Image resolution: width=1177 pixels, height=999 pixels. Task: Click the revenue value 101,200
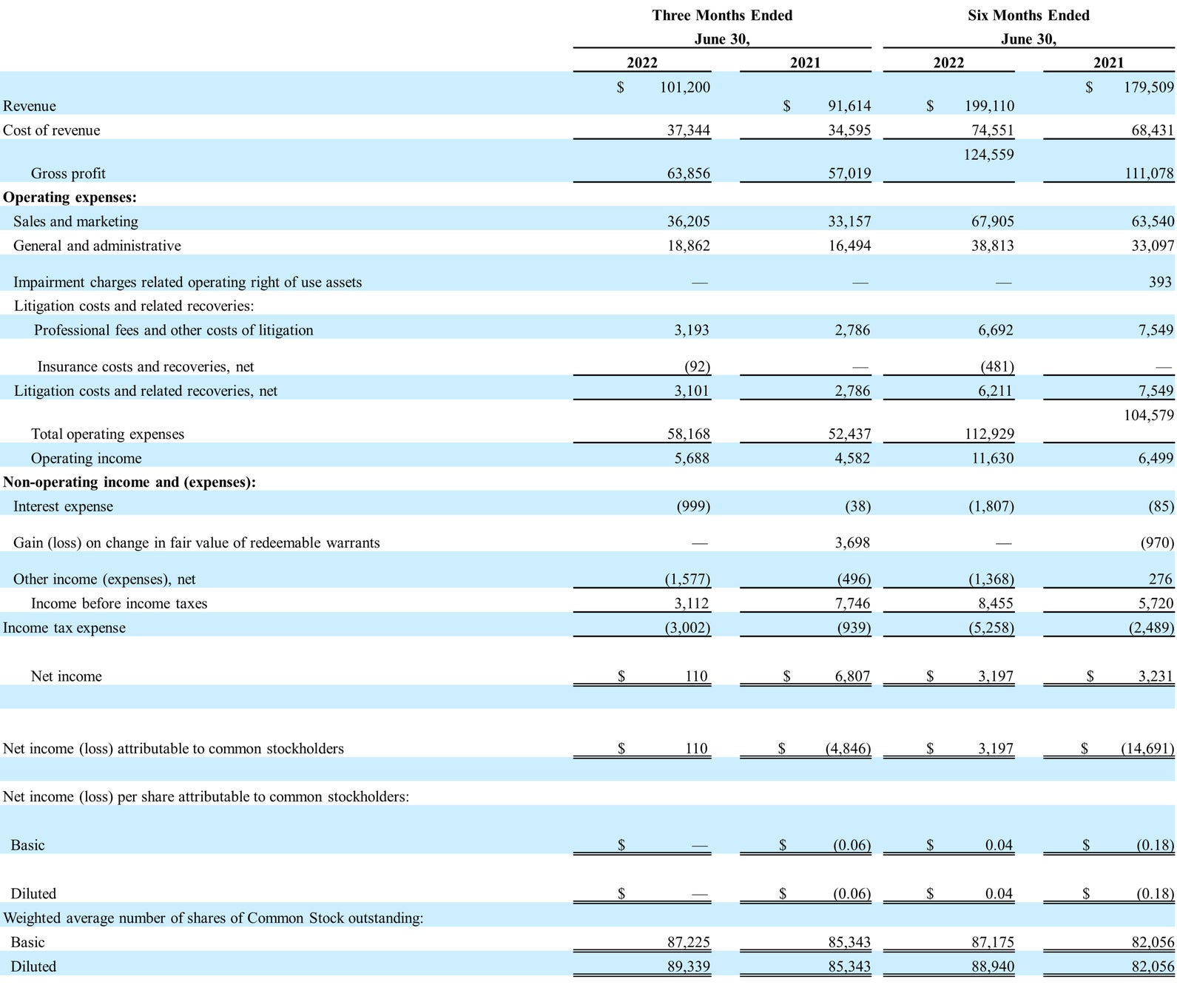(684, 87)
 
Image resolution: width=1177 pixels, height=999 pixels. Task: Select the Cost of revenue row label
(52, 130)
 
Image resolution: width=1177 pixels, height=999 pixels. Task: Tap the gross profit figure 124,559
(988, 155)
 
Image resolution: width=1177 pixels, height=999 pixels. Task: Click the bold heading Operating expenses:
(70, 197)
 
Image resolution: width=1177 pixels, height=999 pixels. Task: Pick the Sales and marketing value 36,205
(688, 221)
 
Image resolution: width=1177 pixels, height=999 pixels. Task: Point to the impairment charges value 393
(1160, 282)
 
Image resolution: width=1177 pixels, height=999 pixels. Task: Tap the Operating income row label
(86, 458)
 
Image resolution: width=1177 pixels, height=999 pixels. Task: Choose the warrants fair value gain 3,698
(852, 542)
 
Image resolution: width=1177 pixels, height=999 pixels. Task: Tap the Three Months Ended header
(722, 16)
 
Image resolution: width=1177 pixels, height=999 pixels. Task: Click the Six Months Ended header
(1028, 16)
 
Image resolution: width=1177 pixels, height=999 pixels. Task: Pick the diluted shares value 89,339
(688, 966)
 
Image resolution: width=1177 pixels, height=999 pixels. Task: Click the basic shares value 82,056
(1153, 942)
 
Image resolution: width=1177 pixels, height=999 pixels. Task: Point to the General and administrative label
(97, 246)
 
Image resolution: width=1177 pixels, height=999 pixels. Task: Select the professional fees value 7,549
(1156, 330)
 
